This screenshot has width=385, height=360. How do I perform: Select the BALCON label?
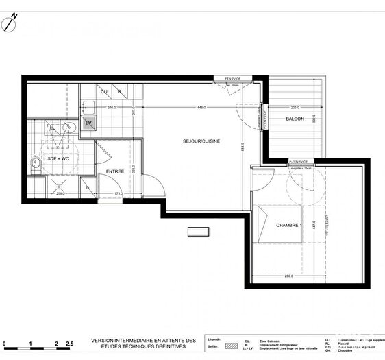295,119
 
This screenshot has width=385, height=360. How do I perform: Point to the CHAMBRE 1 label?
288,225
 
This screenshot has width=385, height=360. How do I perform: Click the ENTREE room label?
114,171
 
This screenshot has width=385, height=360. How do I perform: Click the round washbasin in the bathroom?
69,127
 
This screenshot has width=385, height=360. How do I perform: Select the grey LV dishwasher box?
88,122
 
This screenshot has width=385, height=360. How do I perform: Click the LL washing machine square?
53,127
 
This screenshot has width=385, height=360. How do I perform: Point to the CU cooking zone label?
104,91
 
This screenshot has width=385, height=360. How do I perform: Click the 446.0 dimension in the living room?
201,108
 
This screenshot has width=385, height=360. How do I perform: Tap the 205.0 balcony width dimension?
295,108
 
